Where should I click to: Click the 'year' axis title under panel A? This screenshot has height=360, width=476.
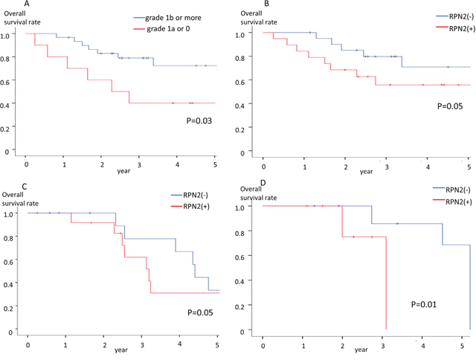point(123,170)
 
